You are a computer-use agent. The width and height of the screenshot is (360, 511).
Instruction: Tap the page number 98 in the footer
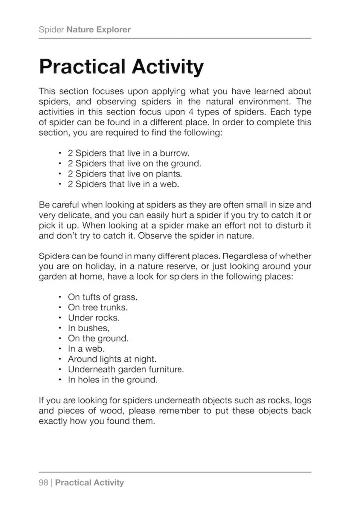tap(44, 483)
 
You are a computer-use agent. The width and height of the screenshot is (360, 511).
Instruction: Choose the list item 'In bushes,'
tap(88, 328)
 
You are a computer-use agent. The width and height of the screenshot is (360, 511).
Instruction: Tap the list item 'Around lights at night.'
tap(112, 359)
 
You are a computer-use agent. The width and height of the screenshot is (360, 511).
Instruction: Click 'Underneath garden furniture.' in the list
tap(126, 369)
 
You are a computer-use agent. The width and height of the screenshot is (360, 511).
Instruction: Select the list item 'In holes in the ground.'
tap(113, 380)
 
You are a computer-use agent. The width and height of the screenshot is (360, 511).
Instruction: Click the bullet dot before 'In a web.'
tap(59, 349)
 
